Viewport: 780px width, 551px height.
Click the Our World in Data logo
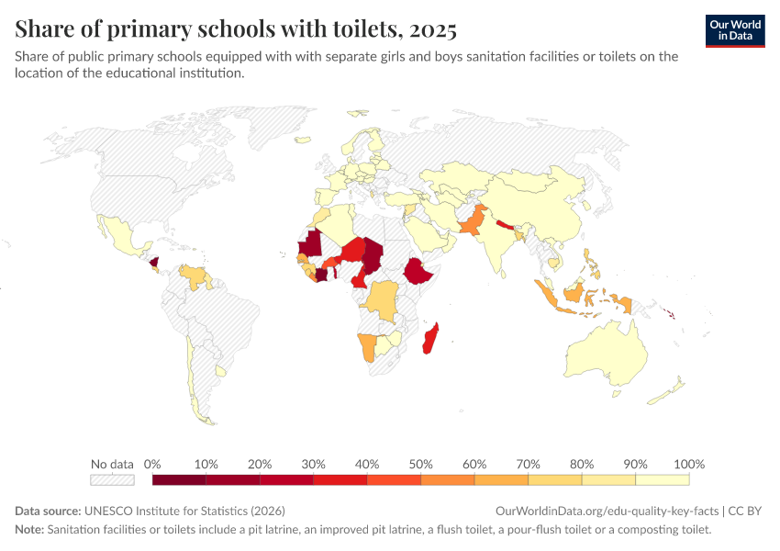(x=735, y=31)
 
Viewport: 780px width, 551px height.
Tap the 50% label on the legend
(x=420, y=465)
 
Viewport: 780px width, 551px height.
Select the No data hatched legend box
(x=112, y=479)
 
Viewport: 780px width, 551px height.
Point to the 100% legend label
(x=689, y=465)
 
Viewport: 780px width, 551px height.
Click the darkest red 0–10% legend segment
(x=179, y=479)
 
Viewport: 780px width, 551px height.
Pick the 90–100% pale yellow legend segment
(x=663, y=479)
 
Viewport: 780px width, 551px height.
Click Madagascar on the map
(x=430, y=338)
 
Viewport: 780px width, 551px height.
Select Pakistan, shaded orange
(x=473, y=221)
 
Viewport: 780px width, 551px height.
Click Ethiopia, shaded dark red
(x=418, y=271)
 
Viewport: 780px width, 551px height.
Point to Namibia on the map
(x=367, y=346)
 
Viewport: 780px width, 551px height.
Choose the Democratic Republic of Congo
(x=382, y=298)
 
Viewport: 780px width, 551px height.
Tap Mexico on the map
(x=122, y=238)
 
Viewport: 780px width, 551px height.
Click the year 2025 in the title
(x=433, y=29)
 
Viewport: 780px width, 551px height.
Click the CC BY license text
(x=745, y=512)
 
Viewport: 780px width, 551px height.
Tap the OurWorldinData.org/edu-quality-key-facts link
(x=607, y=512)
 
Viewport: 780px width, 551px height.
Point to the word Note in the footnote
(x=29, y=529)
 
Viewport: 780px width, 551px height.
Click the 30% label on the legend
(x=313, y=465)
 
